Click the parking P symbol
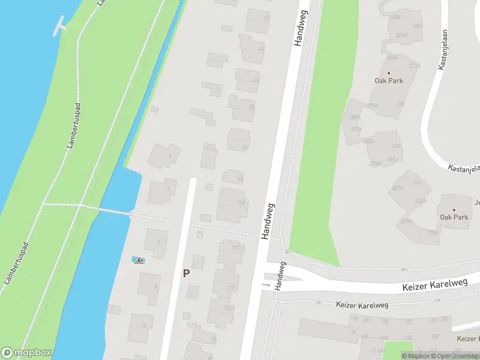[186, 273]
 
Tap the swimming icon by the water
[139, 260]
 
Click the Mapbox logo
[26, 353]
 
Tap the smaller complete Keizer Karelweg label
[362, 305]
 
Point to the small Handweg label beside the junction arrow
[280, 277]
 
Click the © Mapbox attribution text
[417, 356]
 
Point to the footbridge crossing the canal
[105, 210]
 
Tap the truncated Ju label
[477, 202]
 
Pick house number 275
[400, 104]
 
